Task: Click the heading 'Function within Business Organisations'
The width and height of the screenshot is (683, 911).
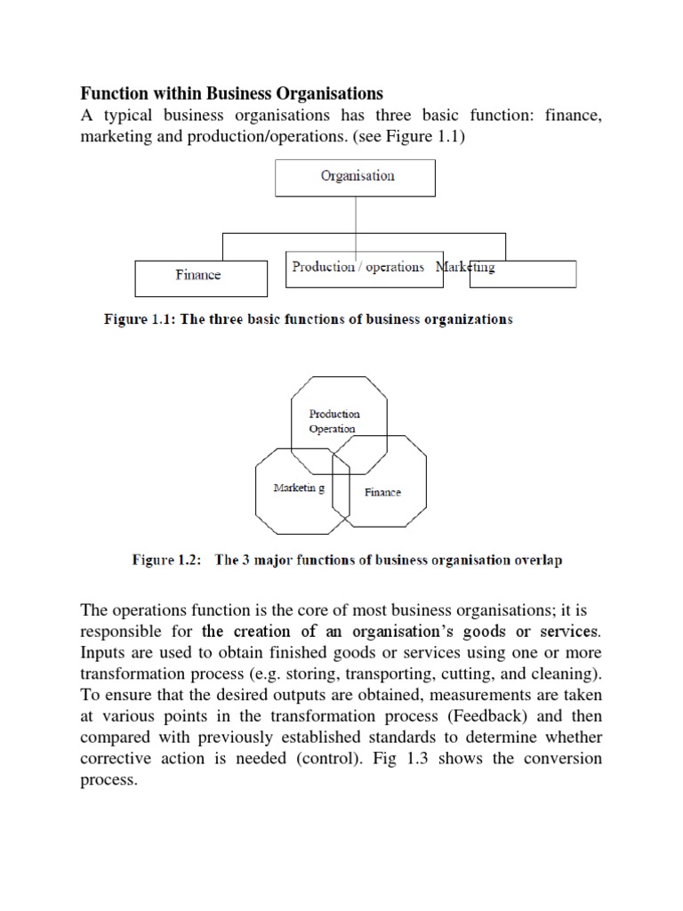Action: pos(231,93)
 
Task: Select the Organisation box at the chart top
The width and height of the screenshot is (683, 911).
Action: pos(356,176)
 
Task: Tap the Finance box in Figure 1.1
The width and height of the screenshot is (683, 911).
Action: pos(199,277)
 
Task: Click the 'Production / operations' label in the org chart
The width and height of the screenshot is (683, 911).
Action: pos(358,267)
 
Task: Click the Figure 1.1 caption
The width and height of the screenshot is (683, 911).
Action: pos(304,319)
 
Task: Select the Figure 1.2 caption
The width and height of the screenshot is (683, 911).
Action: pos(347,560)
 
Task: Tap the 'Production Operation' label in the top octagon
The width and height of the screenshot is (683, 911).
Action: pos(333,421)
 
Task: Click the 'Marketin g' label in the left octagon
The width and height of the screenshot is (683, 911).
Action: pos(299,488)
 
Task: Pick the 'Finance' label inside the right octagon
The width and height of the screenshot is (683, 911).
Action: pos(382,492)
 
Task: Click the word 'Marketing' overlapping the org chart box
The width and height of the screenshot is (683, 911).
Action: pos(465,267)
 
